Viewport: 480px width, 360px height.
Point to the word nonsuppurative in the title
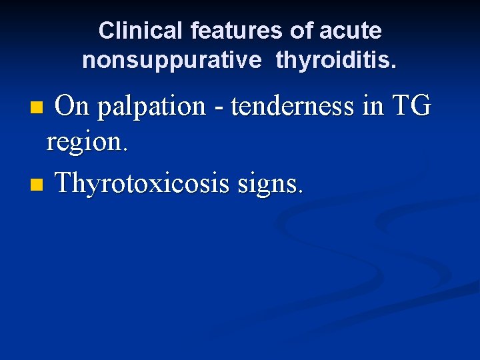pyautogui.click(x=172, y=61)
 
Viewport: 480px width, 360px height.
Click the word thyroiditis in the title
pyautogui.click(x=334, y=61)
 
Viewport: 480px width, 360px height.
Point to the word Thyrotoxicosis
pyautogui.click(x=142, y=182)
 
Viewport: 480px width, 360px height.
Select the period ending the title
pyautogui.click(x=394, y=67)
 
